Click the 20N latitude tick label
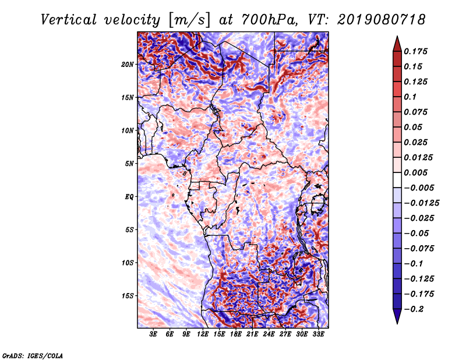[x=128, y=64]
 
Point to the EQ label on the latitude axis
[x=129, y=197]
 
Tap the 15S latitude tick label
[x=128, y=296]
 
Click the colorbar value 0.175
[x=417, y=51]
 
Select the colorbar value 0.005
[x=417, y=173]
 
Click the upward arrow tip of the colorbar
[x=396, y=37]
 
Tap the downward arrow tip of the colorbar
[x=396, y=322]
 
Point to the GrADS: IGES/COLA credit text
[x=32, y=355]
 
